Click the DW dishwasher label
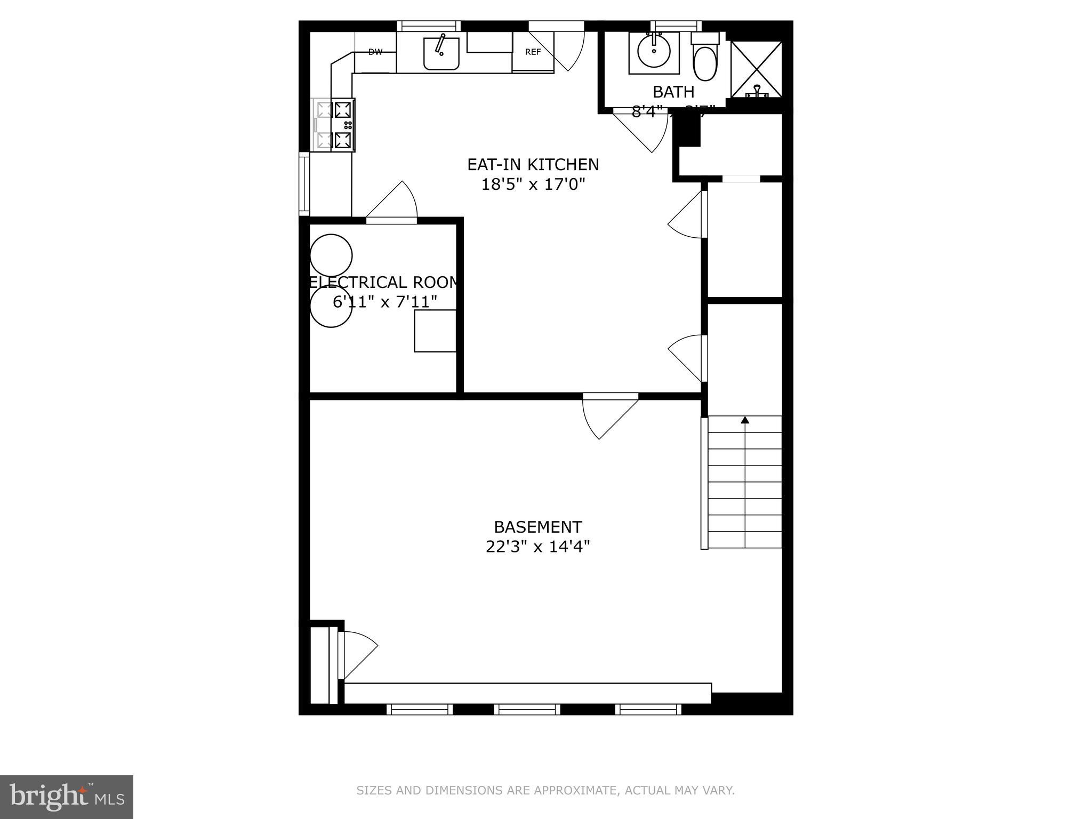pos(375,52)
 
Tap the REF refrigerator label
pos(533,52)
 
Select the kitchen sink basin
pos(441,53)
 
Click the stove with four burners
pos(335,125)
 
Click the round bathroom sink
pos(654,52)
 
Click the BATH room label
pos(673,92)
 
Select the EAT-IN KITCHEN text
pos(533,164)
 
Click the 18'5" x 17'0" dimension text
pos(533,184)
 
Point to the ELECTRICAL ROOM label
pos(383,282)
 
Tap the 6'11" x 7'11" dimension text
pos(384,302)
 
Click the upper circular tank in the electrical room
pos(331,255)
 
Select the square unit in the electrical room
pos(435,331)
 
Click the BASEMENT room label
pos(537,527)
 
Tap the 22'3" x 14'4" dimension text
pos(537,547)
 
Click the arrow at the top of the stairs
pos(745,420)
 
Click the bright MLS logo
pos(66,797)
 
